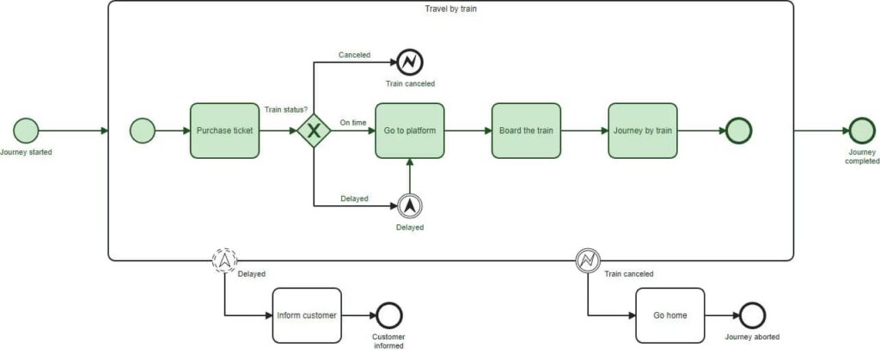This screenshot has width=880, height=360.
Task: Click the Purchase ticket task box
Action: [224, 131]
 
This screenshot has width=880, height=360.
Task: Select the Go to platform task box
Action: [410, 131]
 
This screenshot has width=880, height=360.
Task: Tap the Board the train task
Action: [526, 131]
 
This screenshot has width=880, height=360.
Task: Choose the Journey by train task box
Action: [642, 131]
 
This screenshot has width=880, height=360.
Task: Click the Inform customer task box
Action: [307, 315]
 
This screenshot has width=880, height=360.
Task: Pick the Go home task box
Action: [669, 315]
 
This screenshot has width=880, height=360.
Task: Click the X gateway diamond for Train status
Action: [315, 131]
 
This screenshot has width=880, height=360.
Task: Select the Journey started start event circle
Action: [26, 131]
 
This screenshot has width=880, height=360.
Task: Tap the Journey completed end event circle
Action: [861, 131]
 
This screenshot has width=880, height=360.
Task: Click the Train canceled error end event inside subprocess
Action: [410, 61]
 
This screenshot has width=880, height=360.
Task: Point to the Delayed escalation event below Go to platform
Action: [410, 204]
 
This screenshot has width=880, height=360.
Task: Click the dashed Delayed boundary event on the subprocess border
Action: [225, 259]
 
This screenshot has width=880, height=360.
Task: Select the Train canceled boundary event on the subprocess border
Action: [588, 259]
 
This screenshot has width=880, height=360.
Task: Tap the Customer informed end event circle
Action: [388, 315]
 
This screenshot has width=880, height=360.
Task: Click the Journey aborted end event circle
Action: [752, 315]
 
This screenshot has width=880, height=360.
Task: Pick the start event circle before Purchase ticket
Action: [143, 131]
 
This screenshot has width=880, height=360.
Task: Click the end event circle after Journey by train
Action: [738, 131]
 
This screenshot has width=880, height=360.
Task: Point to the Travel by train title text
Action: [451, 9]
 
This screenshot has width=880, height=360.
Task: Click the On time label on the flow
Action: [353, 123]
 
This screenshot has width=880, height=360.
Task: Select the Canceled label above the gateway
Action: [354, 55]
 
